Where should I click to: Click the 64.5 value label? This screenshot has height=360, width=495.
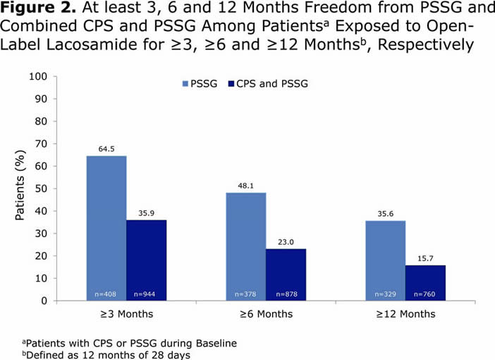click(x=106, y=149)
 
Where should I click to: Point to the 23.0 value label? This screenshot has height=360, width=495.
click(x=286, y=242)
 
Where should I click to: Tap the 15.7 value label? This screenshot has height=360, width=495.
click(x=426, y=258)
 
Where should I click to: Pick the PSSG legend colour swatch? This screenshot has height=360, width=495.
click(x=186, y=83)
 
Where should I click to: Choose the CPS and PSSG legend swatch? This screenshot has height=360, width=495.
click(x=231, y=83)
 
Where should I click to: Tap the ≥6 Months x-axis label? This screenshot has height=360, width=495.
click(x=267, y=313)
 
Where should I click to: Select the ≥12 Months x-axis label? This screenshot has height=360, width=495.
click(x=406, y=313)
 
